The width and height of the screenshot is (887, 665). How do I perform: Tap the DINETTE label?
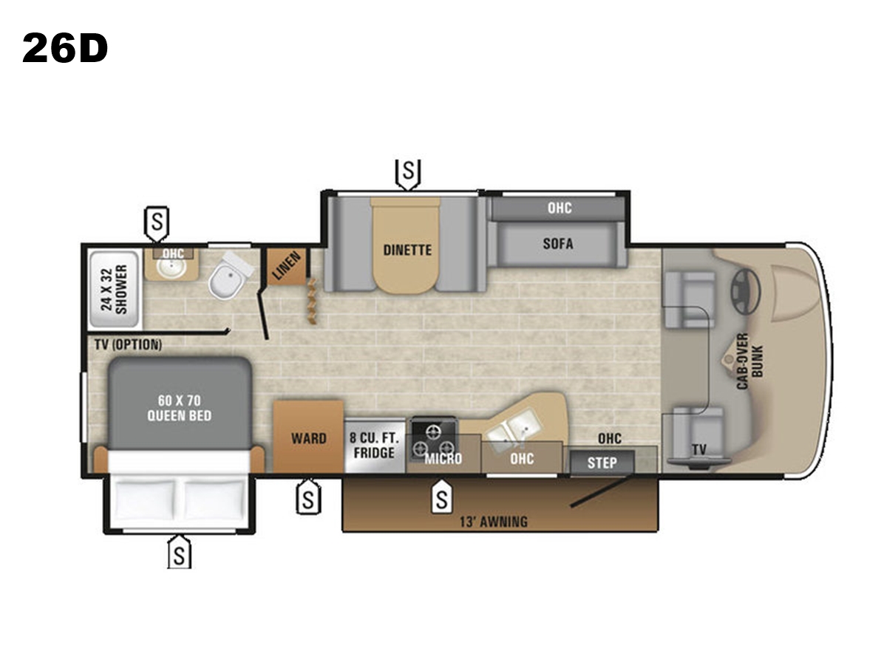pyautogui.click(x=407, y=250)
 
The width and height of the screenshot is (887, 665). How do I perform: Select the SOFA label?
pyautogui.click(x=558, y=244)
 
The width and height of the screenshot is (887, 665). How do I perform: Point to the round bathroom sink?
pyautogui.click(x=171, y=268)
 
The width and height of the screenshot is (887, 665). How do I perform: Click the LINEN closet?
pyautogui.click(x=287, y=267)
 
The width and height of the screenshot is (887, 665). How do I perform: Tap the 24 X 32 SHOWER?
pyautogui.click(x=114, y=290)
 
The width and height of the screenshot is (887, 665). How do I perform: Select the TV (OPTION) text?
pyautogui.click(x=129, y=344)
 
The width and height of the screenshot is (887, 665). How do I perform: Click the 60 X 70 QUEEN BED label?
pyautogui.click(x=180, y=408)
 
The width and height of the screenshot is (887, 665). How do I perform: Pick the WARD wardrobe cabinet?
pyautogui.click(x=308, y=436)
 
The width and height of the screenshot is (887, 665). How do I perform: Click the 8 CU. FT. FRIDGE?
pyautogui.click(x=375, y=446)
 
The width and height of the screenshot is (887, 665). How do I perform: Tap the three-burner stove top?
pyautogui.click(x=434, y=438)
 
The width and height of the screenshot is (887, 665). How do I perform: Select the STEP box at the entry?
pyautogui.click(x=602, y=463)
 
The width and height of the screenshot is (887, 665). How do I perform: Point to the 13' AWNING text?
pyautogui.click(x=494, y=522)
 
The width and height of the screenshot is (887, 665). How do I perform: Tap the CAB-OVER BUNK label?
pyautogui.click(x=750, y=361)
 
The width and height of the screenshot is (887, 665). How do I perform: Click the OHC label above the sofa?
pyautogui.click(x=560, y=208)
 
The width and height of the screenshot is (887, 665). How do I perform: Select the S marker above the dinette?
pyautogui.click(x=408, y=174)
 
